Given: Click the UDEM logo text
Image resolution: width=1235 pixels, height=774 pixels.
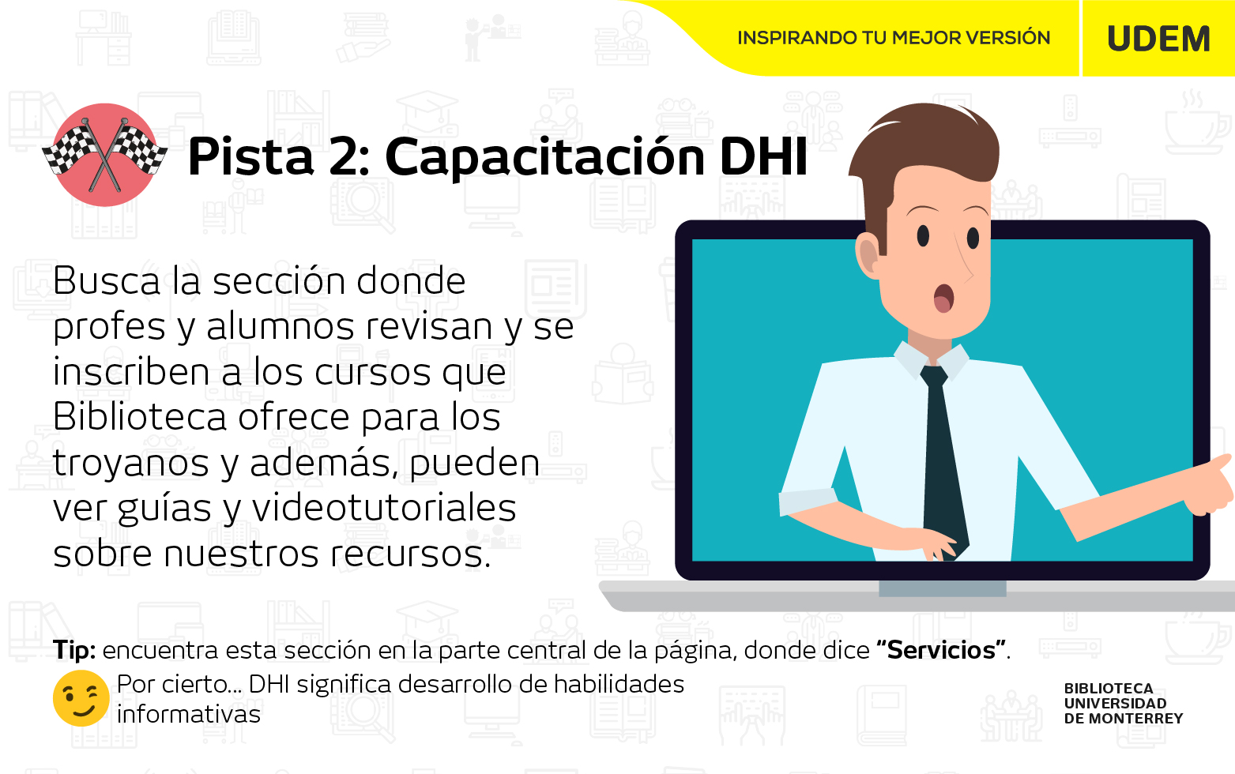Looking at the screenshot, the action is point(1158,39).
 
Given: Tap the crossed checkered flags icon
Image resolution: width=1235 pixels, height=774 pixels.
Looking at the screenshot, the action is point(105,155).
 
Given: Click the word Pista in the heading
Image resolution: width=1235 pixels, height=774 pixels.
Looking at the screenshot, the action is point(250,157).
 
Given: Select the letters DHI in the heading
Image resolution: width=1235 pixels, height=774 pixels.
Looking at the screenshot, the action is point(763,157).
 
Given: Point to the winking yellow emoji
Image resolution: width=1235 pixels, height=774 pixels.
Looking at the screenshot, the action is point(81,698).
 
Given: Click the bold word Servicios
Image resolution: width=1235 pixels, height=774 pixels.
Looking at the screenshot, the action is point(941,650).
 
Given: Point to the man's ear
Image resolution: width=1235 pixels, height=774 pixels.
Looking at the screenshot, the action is point(868,254).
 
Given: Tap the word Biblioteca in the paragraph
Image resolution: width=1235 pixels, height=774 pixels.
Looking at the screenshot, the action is point(140,417).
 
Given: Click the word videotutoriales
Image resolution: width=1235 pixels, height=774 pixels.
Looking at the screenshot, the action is point(384,508).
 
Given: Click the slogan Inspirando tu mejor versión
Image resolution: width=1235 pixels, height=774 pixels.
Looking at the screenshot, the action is point(894,37).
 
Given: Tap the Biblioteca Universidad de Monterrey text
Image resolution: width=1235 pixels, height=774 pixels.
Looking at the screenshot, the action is point(1123,704).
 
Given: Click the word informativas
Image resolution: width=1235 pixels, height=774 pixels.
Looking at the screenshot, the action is point(189,715).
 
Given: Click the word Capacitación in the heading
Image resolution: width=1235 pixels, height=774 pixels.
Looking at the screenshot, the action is point(542,158).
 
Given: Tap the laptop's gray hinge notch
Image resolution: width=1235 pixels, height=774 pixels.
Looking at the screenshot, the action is point(942,588).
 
